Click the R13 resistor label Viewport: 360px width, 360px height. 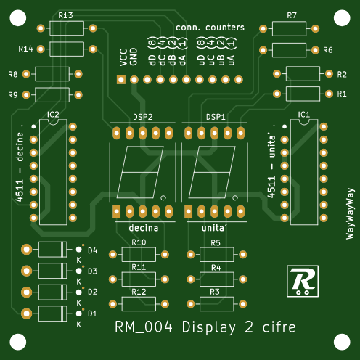[65, 15]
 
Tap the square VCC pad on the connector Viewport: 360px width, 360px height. [121, 80]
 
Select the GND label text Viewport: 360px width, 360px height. [134, 57]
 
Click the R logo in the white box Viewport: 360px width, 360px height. [303, 281]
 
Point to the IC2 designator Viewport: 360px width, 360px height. [53, 115]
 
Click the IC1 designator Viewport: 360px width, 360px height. [304, 115]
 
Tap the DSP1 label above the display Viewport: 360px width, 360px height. [216, 117]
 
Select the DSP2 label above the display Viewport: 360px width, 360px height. [143, 117]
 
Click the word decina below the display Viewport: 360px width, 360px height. [144, 228]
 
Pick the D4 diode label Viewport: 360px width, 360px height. [93, 250]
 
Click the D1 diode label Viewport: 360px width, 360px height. [92, 314]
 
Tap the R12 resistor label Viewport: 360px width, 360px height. [139, 292]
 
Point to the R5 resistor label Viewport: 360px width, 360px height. [216, 243]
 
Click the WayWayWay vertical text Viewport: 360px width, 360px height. [351, 213]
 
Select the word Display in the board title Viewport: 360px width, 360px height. [209, 327]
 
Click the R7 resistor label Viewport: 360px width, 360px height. [292, 15]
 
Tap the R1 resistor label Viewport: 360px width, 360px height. [342, 94]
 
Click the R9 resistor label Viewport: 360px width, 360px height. [13, 95]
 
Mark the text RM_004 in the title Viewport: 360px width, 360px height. [144, 327]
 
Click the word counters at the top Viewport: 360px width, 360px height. [225, 28]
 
